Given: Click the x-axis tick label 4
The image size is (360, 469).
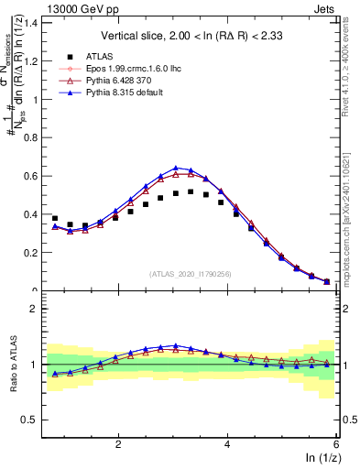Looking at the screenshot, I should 227,444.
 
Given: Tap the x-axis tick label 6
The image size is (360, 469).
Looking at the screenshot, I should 336,444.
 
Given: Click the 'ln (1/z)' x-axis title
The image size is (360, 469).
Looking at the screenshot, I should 321,459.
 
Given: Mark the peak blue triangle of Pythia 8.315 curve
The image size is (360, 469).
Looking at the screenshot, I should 176,168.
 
